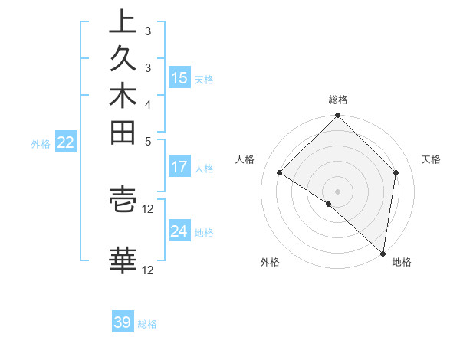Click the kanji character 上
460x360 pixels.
(x=123, y=21)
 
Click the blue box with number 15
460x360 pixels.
(x=179, y=78)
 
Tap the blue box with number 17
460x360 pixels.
(x=179, y=167)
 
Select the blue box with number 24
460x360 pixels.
(x=179, y=231)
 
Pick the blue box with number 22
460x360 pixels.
(x=66, y=142)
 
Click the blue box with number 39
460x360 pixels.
(x=123, y=322)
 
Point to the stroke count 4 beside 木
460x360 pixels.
(x=147, y=104)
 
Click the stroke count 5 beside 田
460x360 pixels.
(x=147, y=141)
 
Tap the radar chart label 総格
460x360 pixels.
(x=338, y=100)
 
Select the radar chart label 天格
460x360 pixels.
(x=431, y=159)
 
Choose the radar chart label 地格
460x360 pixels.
(x=402, y=263)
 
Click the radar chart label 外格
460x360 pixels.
(x=270, y=263)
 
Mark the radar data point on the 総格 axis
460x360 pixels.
(x=338, y=117)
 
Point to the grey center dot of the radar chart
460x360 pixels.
(x=338, y=191)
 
